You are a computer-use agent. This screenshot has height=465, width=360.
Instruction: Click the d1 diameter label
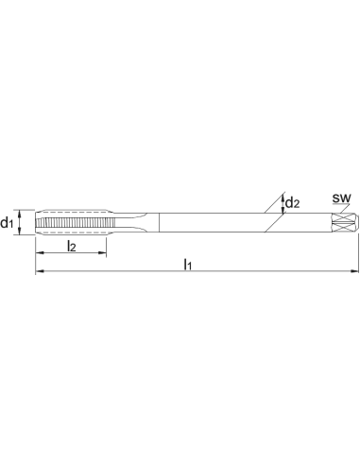7,223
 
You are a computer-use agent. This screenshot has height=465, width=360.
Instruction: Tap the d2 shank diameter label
292,202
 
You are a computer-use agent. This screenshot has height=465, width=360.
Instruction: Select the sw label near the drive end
341,198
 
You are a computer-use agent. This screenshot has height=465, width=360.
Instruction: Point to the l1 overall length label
188,265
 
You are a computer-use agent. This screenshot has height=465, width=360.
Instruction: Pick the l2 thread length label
72,247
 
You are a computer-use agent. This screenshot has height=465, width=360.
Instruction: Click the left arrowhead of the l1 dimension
39,270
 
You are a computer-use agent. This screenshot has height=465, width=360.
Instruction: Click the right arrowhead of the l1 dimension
354,270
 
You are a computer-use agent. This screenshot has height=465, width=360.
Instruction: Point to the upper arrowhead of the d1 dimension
20,214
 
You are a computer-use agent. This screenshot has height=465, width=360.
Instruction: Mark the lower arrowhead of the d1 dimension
20,231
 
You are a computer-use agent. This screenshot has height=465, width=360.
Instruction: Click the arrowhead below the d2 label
283,210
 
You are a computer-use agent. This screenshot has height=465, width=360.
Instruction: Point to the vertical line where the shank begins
160,223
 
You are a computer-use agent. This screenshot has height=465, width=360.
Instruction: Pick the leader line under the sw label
341,207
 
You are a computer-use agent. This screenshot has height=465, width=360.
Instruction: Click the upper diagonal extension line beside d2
275,202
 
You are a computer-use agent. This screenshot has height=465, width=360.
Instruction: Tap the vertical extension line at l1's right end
358,253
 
